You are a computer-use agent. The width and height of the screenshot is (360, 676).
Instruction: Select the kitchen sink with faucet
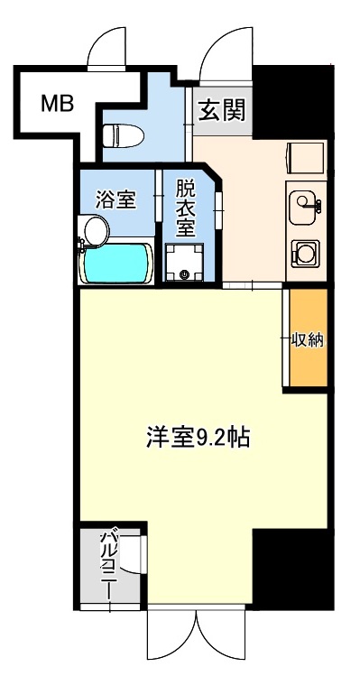coord(303,203)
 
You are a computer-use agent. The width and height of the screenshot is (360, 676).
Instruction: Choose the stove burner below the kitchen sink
coord(304,252)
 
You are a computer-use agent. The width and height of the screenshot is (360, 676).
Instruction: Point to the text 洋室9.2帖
coord(198,438)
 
